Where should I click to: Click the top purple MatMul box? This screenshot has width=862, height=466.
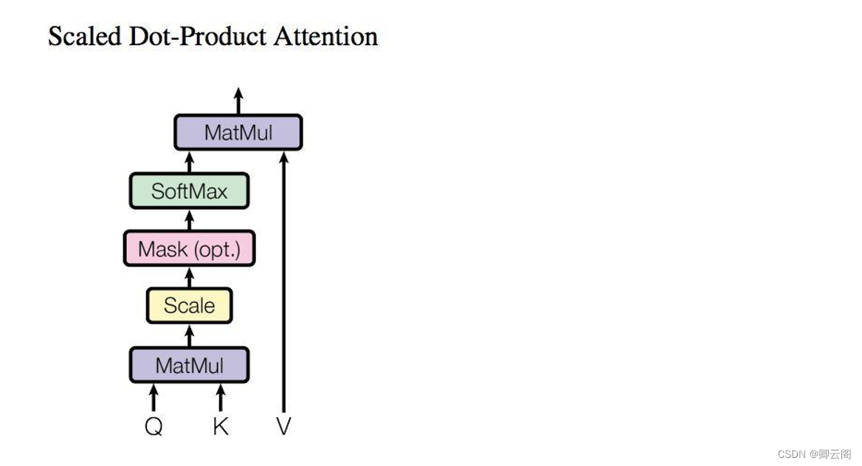pyautogui.click(x=238, y=133)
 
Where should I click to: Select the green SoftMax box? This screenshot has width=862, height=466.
pyautogui.click(x=189, y=191)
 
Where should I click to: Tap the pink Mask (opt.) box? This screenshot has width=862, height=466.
pyautogui.click(x=189, y=249)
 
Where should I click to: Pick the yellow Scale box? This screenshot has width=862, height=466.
pyautogui.click(x=189, y=306)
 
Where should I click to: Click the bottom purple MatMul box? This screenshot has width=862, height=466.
pyautogui.click(x=189, y=365)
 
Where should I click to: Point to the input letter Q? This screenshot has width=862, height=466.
pyautogui.click(x=154, y=426)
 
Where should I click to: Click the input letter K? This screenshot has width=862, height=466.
pyautogui.click(x=220, y=426)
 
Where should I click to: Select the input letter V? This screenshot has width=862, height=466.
pyautogui.click(x=283, y=426)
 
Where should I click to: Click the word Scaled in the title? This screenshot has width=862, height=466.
pyautogui.click(x=84, y=36)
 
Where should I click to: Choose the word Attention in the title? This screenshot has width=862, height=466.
pyautogui.click(x=325, y=36)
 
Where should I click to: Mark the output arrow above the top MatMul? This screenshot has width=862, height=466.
pyautogui.click(x=238, y=100)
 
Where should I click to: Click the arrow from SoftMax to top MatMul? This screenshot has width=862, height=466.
pyautogui.click(x=189, y=162)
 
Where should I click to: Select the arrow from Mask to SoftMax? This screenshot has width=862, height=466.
pyautogui.click(x=189, y=220)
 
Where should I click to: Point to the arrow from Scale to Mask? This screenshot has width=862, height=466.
pyautogui.click(x=189, y=277)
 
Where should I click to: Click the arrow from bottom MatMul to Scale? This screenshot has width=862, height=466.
pyautogui.click(x=189, y=335)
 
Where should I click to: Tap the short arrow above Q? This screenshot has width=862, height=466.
pyautogui.click(x=154, y=397)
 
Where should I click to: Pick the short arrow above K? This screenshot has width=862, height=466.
pyautogui.click(x=220, y=397)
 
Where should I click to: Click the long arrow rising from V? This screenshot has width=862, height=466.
pyautogui.click(x=283, y=281)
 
